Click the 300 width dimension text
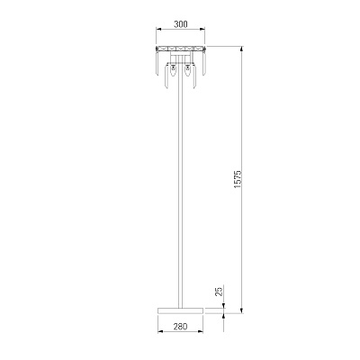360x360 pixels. coord(181,24)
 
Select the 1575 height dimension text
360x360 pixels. coord(238,180)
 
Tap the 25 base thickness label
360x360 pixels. coord(220,292)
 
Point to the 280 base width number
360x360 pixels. coord(180,326)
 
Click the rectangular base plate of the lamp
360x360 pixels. coord(180,310)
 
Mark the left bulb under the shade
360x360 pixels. coord(173,71)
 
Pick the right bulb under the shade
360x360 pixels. coord(188,71)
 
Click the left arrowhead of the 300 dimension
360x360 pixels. coord(158,29)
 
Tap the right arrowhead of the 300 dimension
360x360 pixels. coord(202,29)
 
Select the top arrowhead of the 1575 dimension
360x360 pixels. coord(241,49)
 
